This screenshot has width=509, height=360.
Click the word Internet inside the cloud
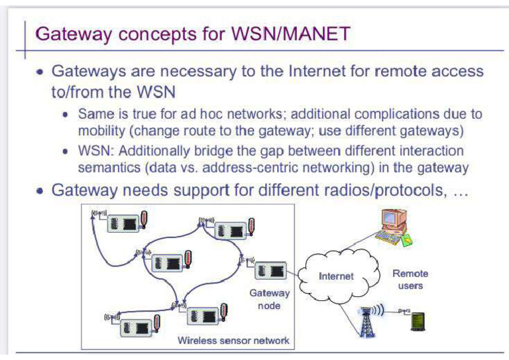point(336,276)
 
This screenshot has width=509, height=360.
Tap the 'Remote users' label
point(410,279)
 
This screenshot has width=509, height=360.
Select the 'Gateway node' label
point(269,299)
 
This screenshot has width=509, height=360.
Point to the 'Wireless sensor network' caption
point(233,340)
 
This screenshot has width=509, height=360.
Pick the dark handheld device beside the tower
point(418,322)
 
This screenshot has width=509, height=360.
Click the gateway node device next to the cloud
point(270,270)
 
